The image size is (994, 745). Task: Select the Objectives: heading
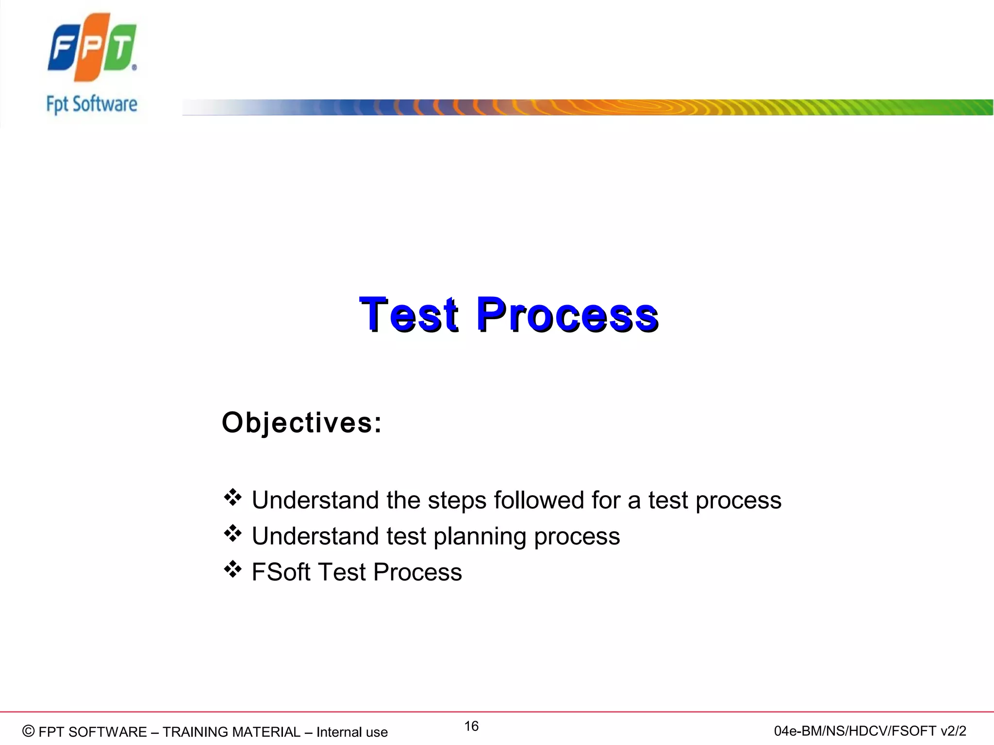(x=301, y=422)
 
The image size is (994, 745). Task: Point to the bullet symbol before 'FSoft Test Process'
(x=232, y=569)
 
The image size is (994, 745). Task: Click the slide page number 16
(x=471, y=726)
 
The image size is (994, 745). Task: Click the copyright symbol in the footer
(x=29, y=731)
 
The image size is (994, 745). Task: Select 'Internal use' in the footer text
(x=352, y=732)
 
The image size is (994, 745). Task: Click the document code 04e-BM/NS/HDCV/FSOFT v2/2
(x=870, y=731)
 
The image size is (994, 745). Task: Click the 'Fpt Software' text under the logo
(x=92, y=104)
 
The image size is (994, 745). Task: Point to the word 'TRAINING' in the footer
(x=197, y=732)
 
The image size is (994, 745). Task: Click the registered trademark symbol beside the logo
(x=134, y=68)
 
